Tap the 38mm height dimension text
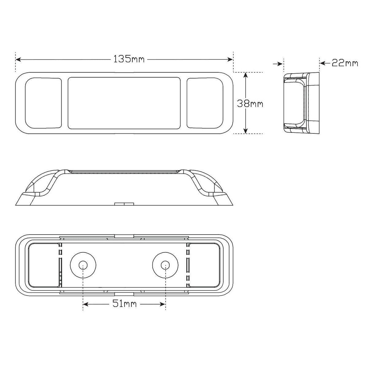tap(250, 104)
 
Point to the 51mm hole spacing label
tap(125, 304)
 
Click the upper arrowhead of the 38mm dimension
tap(246, 75)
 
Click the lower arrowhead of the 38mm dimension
tap(246, 131)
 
